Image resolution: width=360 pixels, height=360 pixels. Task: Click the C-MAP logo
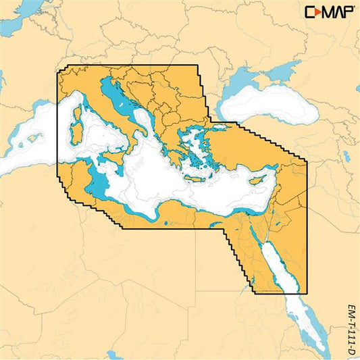[x=329, y=11]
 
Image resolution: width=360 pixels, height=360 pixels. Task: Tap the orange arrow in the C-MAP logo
[x=319, y=11]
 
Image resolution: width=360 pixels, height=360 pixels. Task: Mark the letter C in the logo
[x=310, y=11]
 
